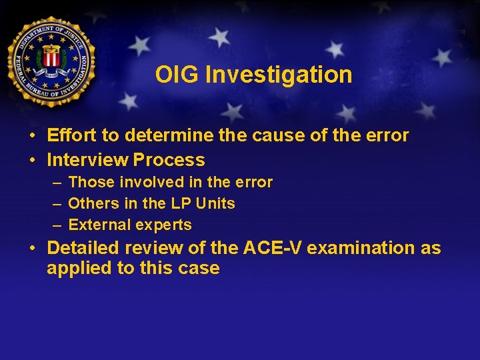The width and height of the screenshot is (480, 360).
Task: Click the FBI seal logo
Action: (51, 61)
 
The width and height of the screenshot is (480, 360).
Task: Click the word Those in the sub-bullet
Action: (89, 182)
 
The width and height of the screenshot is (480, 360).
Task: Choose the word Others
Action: (91, 203)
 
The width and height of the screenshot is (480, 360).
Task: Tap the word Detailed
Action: (85, 248)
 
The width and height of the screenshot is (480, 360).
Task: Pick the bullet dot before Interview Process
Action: (32, 161)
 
